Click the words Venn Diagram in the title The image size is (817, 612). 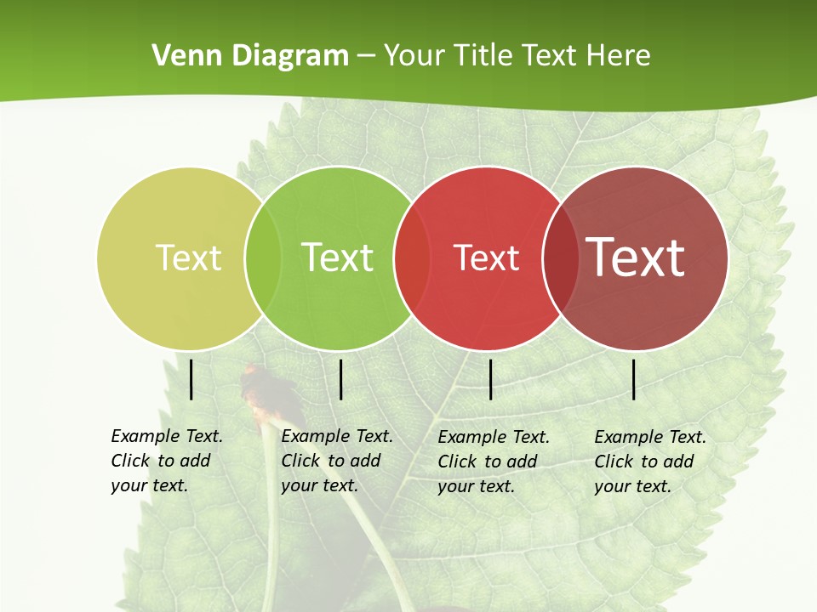tap(250, 56)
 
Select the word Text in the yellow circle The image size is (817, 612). tap(188, 258)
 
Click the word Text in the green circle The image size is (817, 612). tap(338, 258)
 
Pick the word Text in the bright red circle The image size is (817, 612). tap(487, 258)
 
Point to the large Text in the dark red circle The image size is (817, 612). tap(636, 258)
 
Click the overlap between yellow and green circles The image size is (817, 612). tap(263, 258)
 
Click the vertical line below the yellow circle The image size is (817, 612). tap(191, 379)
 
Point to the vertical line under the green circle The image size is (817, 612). tap(340, 379)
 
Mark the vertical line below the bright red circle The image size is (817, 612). tap(491, 379)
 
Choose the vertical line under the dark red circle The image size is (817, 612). tap(634, 379)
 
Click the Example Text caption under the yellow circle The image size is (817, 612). tap(166, 461)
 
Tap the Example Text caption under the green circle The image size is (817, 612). tap(336, 461)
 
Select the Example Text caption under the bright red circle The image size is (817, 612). tap(493, 462)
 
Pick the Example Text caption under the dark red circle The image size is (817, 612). tap(649, 462)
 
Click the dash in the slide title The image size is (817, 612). tap(366, 57)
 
